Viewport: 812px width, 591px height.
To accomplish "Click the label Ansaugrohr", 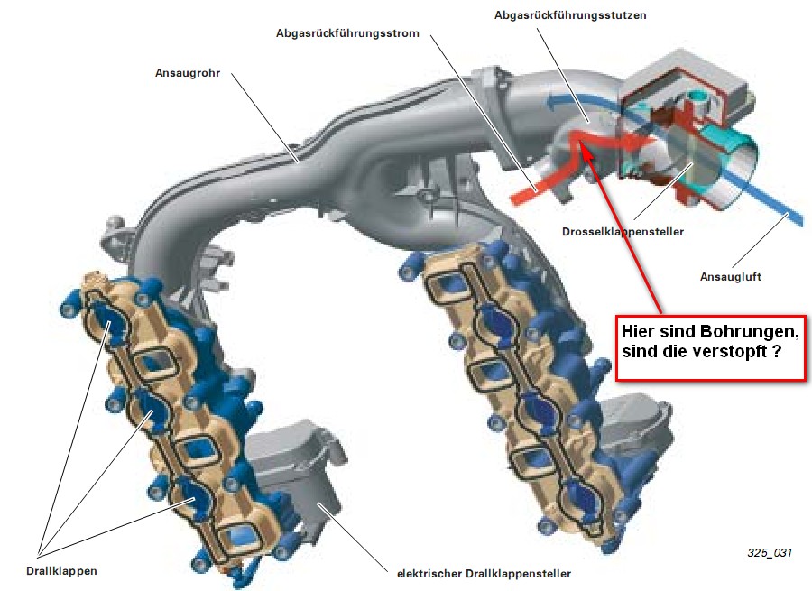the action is pos(188,73).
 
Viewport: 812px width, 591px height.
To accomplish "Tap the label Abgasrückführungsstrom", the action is pos(347,33).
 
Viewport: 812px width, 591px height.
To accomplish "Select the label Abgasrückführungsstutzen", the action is pos(570,15).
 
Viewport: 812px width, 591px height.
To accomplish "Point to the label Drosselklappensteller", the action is pos(623,232).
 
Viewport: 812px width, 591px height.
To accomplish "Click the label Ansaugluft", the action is pos(731,277).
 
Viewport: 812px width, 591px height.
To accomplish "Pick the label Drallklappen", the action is pos(61,571).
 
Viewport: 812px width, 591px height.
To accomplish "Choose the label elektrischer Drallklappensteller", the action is pos(484,574).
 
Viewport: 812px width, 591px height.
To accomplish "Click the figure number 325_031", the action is pos(770,553).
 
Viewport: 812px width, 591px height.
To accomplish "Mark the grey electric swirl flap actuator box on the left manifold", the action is pos(296,470).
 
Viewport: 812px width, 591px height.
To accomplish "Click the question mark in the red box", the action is pos(776,351).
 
